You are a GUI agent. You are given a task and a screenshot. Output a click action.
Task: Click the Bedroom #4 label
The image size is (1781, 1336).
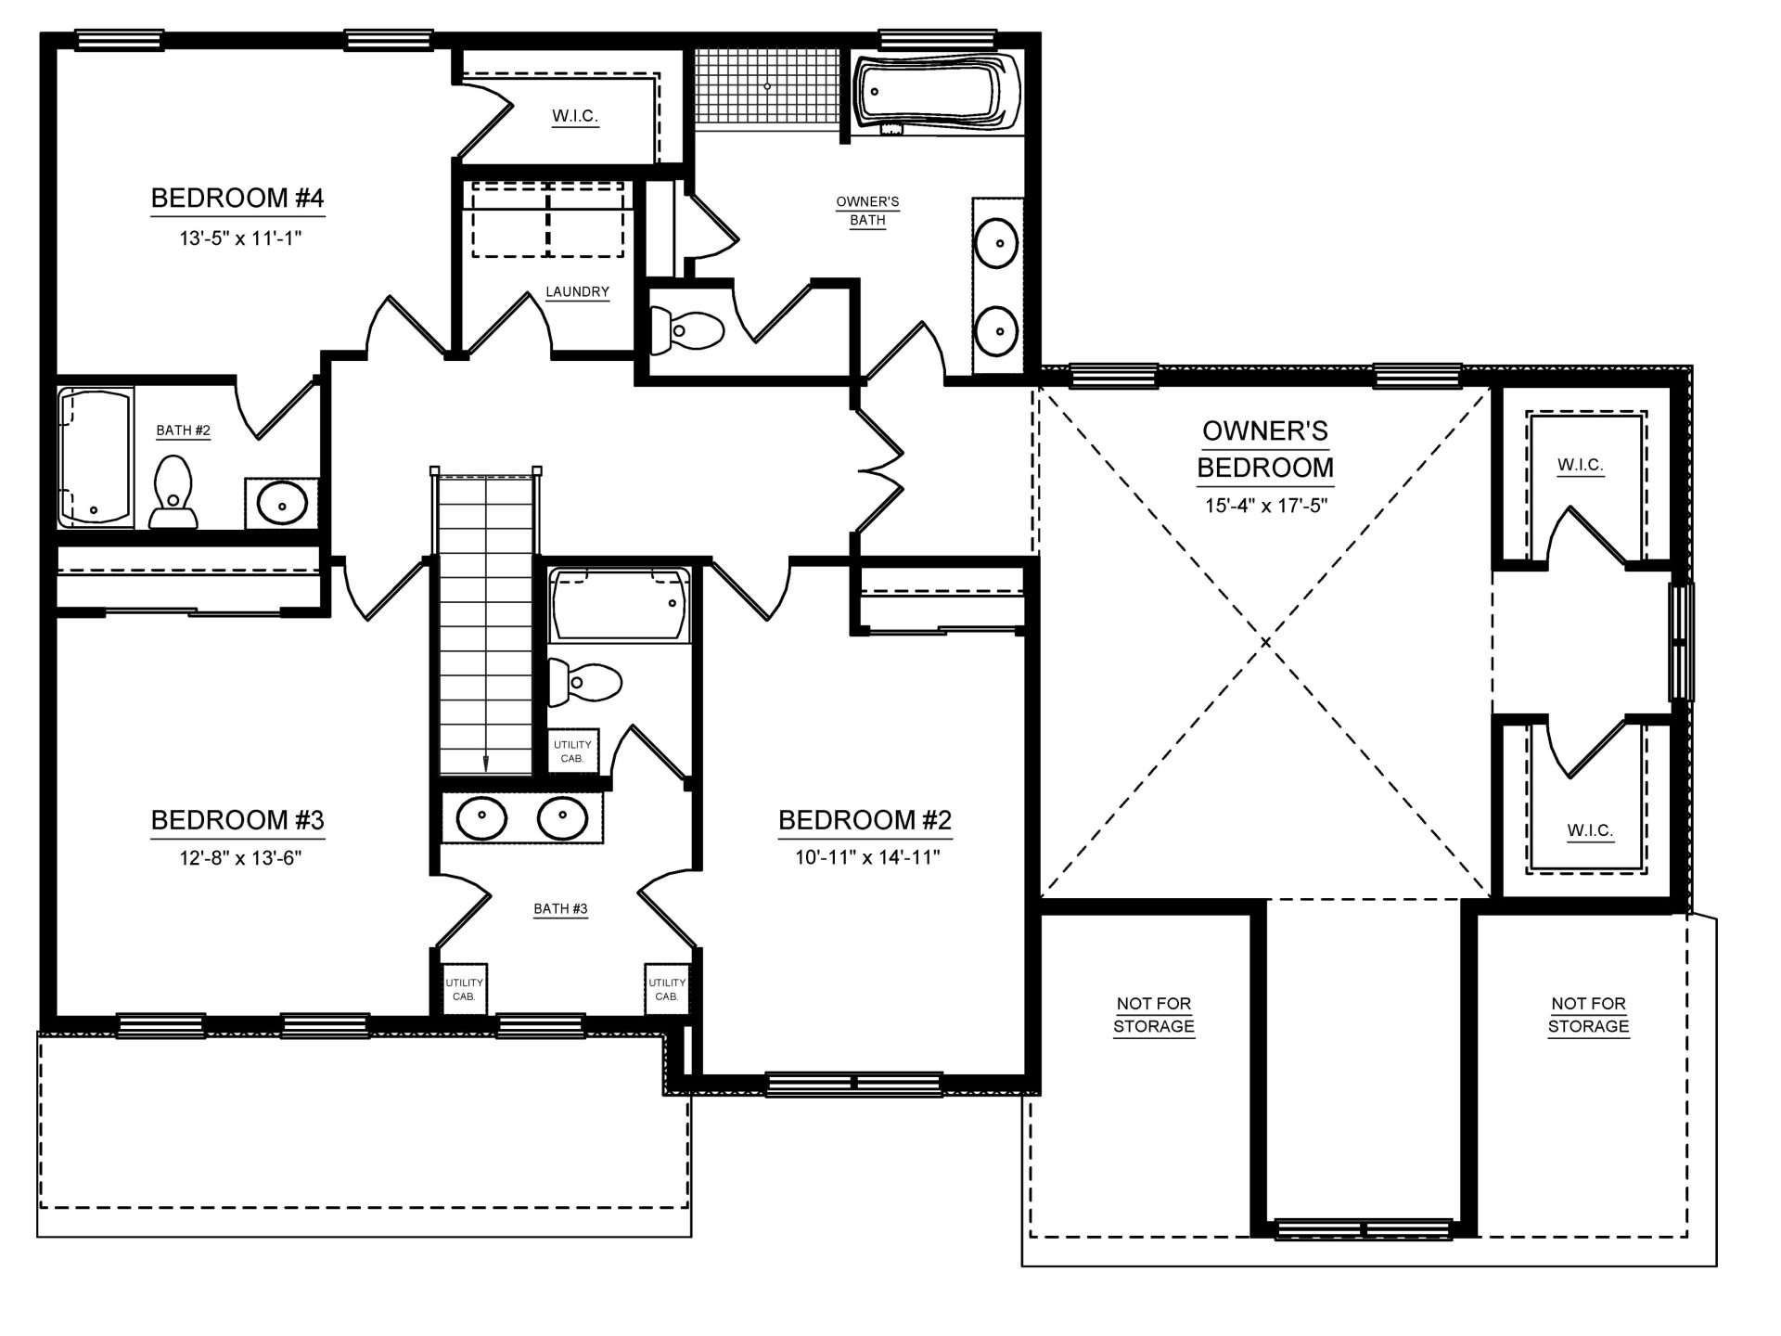(x=237, y=198)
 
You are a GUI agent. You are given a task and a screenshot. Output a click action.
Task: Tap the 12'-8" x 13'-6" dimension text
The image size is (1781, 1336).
(x=240, y=857)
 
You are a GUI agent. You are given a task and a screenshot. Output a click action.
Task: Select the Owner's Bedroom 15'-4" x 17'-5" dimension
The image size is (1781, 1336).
(x=1265, y=506)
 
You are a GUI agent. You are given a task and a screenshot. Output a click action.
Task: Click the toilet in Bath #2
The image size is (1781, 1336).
(x=173, y=493)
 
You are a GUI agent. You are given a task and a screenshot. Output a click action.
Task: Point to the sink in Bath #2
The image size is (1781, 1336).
(x=282, y=504)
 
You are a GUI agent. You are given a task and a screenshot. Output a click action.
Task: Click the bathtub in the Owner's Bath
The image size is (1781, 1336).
(x=937, y=93)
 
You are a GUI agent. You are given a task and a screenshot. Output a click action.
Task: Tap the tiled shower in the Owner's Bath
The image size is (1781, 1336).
(x=767, y=86)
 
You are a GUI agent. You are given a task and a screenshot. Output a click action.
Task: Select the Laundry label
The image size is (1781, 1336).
(x=577, y=291)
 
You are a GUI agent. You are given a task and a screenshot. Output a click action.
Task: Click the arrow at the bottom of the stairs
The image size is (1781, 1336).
(x=485, y=762)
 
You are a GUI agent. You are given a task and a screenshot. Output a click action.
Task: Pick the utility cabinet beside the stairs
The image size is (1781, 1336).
(x=572, y=751)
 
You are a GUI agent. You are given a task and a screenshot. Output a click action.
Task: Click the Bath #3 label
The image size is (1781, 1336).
(x=560, y=909)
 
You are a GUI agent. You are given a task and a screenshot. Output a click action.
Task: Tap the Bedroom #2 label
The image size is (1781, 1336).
(x=865, y=820)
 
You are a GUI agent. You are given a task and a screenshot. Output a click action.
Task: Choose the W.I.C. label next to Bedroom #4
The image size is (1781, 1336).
(x=575, y=116)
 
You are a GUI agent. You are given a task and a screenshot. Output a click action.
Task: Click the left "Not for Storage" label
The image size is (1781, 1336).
(x=1154, y=1015)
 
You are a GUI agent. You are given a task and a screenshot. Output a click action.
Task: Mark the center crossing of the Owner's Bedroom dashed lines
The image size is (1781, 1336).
(x=1265, y=641)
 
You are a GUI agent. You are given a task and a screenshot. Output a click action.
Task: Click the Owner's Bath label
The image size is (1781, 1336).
(x=867, y=211)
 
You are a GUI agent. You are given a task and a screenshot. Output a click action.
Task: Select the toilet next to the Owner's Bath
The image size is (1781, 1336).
(x=686, y=330)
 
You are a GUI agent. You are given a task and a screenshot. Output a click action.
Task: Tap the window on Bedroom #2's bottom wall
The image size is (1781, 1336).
(x=853, y=1083)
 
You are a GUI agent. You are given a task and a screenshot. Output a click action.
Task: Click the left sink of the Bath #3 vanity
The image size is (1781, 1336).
(x=481, y=817)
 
